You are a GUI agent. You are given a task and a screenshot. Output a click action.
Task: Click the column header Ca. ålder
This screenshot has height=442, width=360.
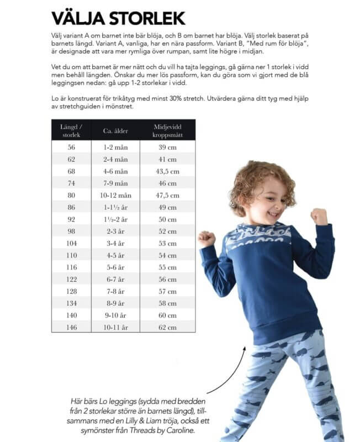click(x=115, y=131)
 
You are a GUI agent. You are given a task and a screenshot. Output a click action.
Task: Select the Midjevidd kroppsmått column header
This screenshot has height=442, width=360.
click(x=167, y=131)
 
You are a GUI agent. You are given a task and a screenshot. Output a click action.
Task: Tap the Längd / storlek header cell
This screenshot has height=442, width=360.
click(x=71, y=131)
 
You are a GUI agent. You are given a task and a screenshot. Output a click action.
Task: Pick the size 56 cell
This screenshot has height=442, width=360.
click(x=71, y=148)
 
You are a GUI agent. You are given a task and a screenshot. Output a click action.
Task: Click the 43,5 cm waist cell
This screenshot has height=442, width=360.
click(x=167, y=171)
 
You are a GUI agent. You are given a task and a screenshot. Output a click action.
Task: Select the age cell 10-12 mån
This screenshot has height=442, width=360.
click(x=115, y=195)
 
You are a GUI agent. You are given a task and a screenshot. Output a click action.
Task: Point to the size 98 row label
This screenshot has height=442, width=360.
click(x=71, y=231)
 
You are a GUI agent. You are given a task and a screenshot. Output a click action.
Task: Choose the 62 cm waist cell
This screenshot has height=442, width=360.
click(x=167, y=327)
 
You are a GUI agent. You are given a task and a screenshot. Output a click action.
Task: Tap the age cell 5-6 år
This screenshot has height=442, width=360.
click(x=115, y=267)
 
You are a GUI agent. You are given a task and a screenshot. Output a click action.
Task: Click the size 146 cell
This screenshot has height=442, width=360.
click(x=71, y=327)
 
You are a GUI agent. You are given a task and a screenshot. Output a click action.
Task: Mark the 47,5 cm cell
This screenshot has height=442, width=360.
click(x=167, y=195)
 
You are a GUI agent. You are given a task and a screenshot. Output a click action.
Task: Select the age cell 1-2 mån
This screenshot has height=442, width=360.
click(x=115, y=148)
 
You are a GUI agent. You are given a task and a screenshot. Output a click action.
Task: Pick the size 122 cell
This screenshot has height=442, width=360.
click(x=71, y=279)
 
